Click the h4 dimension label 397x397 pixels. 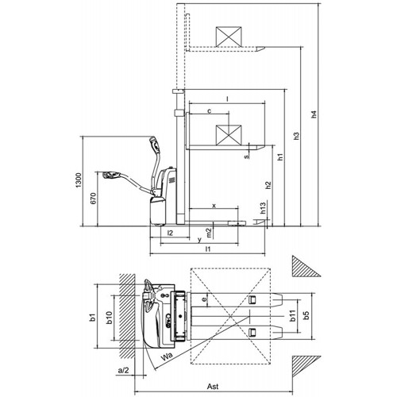point(314,114)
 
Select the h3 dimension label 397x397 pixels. point(297,136)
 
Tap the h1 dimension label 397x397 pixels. point(280,156)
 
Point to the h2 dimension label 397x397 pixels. point(268,185)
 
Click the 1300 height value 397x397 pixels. point(79,180)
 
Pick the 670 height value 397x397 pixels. point(94,198)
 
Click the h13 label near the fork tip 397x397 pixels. point(263,208)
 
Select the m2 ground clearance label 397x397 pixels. point(209,233)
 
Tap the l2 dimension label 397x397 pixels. point(170,233)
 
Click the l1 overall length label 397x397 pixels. point(208,249)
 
